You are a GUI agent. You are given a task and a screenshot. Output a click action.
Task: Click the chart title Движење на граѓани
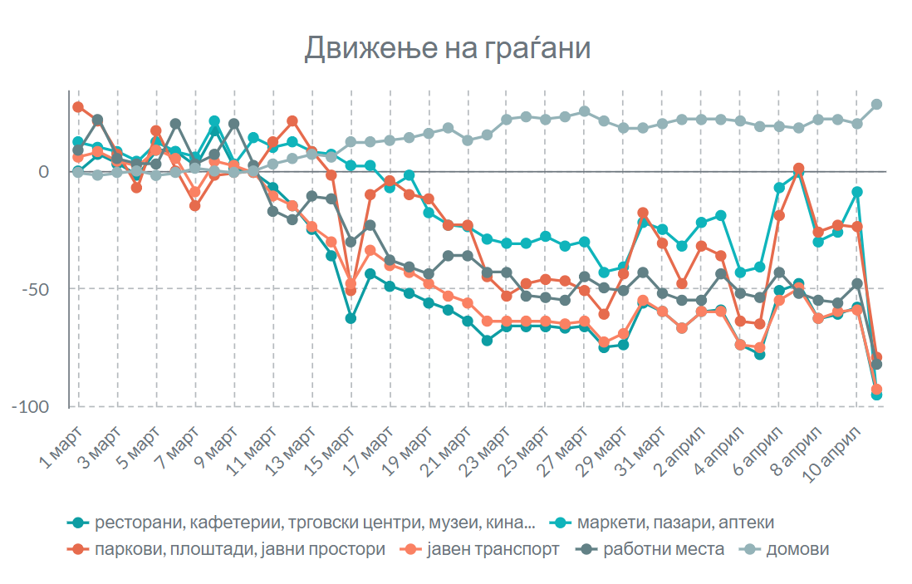coord(447,48)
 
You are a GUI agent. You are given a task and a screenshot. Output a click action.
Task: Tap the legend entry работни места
coord(664,549)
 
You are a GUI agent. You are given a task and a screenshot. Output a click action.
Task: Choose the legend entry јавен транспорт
coord(494,549)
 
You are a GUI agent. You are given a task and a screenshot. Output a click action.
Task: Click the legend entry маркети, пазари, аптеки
coord(675,523)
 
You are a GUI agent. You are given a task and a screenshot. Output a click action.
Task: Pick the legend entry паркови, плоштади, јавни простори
coord(240,549)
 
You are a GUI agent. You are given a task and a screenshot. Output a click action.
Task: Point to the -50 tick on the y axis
coord(44,289)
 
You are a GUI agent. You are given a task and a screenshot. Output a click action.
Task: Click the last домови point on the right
coord(876,105)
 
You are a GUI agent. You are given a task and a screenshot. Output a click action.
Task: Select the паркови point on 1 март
coord(78,107)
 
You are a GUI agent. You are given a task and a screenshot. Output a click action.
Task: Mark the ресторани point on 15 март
coord(351,318)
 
